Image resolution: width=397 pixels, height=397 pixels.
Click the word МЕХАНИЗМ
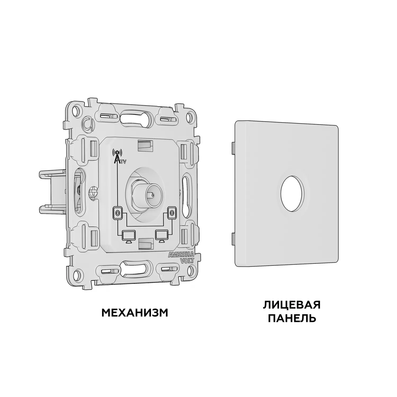click(x=135, y=313)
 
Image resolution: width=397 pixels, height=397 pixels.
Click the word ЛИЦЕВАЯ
click(x=292, y=305)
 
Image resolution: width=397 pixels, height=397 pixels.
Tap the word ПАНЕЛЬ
click(x=292, y=318)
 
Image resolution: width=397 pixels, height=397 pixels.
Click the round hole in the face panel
click(x=292, y=190)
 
